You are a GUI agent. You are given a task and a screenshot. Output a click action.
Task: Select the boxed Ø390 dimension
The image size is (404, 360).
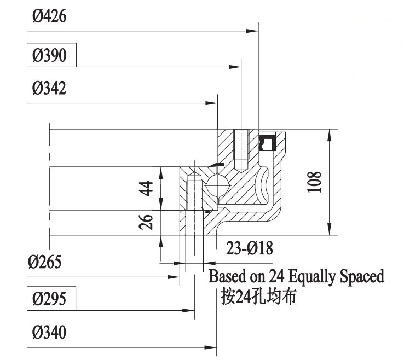[50, 56]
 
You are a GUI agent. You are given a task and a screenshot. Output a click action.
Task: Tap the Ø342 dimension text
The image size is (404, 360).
[49, 89]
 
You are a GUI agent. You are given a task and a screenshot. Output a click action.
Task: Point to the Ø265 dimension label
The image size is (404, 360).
[46, 262]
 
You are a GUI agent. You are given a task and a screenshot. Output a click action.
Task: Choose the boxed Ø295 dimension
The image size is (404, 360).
[49, 299]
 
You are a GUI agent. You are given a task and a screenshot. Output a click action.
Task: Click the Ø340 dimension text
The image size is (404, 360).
[49, 333]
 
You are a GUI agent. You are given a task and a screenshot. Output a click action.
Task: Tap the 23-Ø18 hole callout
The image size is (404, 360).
[250, 249]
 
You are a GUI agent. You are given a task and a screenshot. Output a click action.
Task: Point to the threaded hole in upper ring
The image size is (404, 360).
[241, 148]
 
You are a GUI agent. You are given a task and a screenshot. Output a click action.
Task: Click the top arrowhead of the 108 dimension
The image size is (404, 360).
[330, 135]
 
